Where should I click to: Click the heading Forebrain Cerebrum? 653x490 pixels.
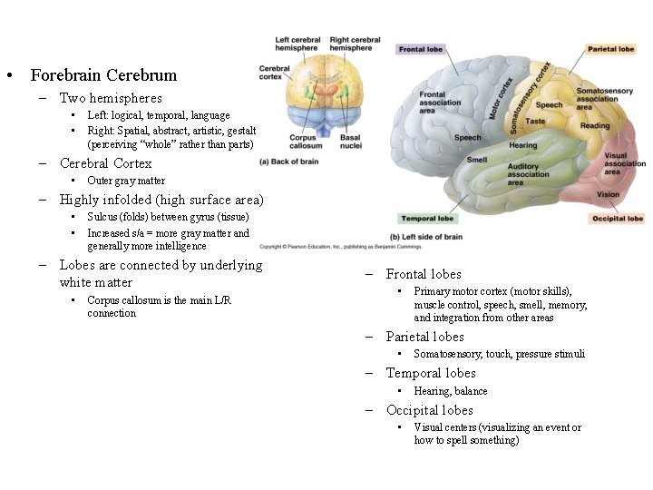(x=103, y=75)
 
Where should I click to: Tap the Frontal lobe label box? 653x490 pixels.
(x=421, y=49)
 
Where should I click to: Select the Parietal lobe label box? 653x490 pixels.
(x=610, y=49)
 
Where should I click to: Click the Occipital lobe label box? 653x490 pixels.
(x=617, y=219)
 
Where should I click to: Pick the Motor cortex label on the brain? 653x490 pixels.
(x=502, y=98)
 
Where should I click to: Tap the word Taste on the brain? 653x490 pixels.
(x=535, y=121)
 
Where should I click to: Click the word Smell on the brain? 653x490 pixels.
(x=477, y=160)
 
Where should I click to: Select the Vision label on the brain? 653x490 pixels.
(x=609, y=194)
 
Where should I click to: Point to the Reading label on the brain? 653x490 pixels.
(x=595, y=125)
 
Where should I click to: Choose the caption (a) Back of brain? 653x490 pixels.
(x=289, y=162)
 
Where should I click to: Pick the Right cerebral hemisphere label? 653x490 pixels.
(x=355, y=44)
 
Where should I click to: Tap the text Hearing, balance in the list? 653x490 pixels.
(x=451, y=391)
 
